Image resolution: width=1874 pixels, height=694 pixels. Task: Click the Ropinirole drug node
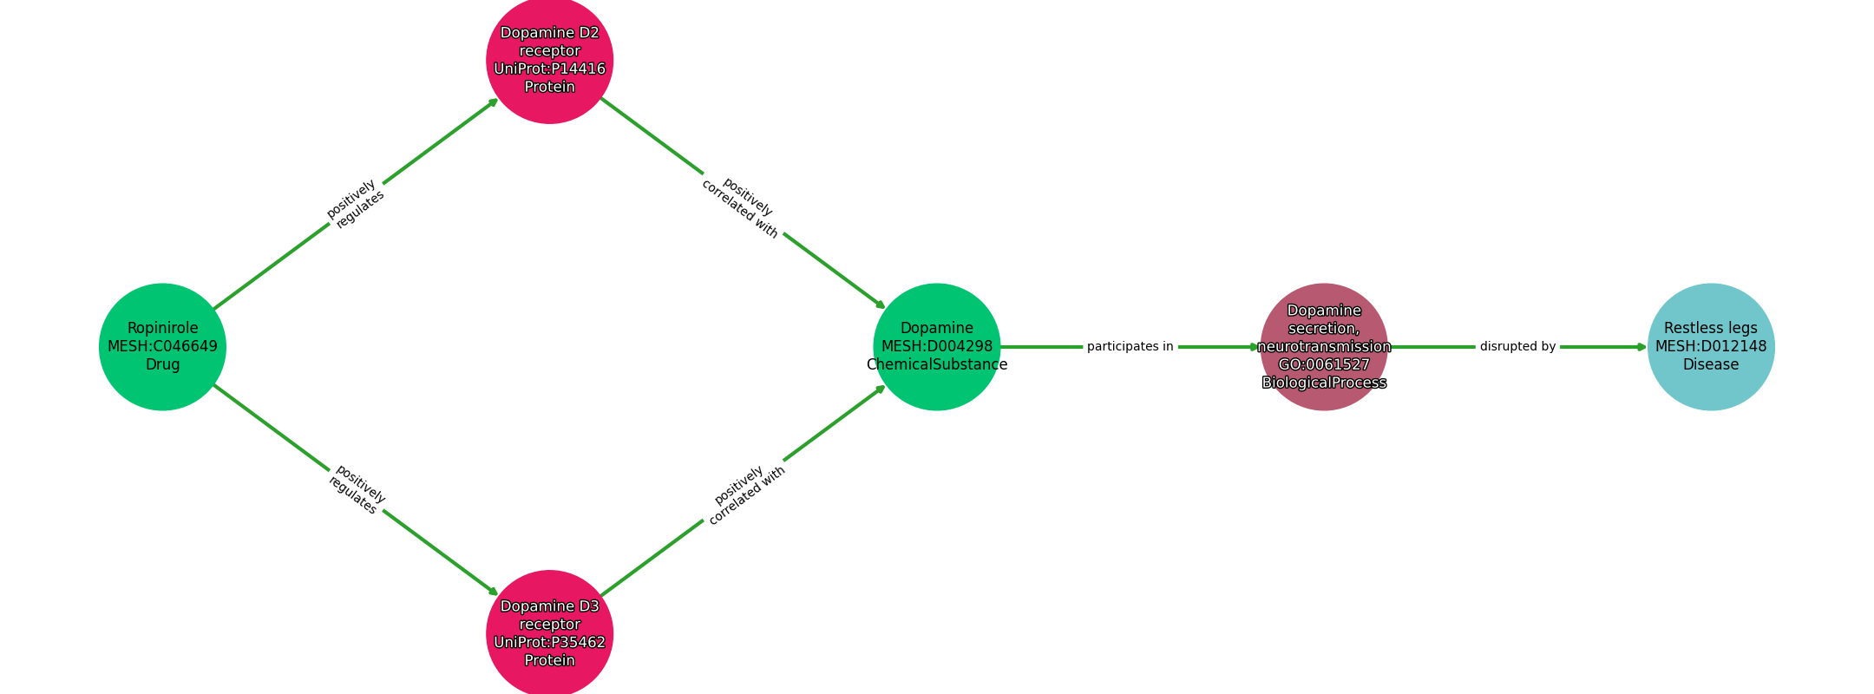pos(162,346)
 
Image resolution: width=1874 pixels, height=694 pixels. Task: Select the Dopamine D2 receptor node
pos(549,60)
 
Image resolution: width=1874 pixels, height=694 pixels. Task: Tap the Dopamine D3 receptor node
pos(549,633)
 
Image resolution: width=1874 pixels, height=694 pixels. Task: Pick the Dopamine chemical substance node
pos(937,346)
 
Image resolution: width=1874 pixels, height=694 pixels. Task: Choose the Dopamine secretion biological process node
pos(1324,346)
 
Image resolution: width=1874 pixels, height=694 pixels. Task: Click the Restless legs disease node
pos(1711,346)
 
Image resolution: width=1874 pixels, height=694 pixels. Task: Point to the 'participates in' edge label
pos(1130,347)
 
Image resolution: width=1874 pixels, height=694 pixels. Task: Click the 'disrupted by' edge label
pos(1517,347)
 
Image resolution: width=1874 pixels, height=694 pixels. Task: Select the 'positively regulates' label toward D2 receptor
pos(356,204)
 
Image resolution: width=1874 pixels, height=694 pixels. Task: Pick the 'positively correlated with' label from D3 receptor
pos(744,495)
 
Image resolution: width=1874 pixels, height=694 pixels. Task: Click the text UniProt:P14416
pos(549,69)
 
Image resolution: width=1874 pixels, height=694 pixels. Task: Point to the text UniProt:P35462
pos(549,643)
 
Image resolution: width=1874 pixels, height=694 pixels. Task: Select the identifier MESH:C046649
pos(162,346)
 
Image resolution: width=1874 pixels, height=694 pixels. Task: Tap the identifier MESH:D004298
pos(937,346)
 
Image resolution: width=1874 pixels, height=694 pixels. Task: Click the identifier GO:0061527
pos(1324,365)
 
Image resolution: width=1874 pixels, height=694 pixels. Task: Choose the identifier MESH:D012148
pos(1711,346)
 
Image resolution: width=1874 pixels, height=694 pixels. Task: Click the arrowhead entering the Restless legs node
pos(1641,347)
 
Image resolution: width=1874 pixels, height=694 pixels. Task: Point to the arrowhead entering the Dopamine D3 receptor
pos(494,592)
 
